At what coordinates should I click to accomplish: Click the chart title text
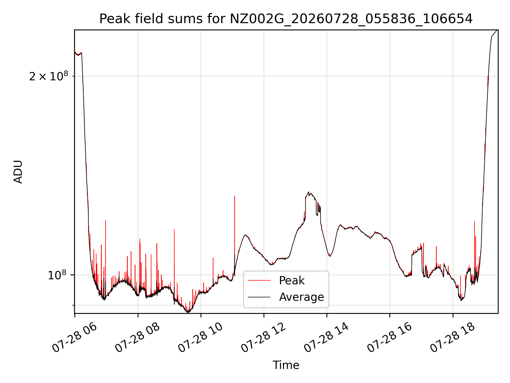[286, 19]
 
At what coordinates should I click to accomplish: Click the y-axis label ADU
[18, 172]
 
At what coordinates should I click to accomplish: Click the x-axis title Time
[286, 365]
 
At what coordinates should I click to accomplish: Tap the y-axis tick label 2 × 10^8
[49, 76]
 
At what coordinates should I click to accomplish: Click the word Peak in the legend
[292, 281]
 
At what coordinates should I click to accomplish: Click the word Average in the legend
[301, 297]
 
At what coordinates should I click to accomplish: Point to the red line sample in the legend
[259, 280]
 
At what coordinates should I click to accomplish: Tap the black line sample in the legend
[259, 297]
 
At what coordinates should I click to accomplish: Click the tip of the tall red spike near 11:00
[235, 196]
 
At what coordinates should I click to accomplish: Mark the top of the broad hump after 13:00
[309, 192]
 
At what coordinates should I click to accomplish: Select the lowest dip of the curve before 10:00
[188, 313]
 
